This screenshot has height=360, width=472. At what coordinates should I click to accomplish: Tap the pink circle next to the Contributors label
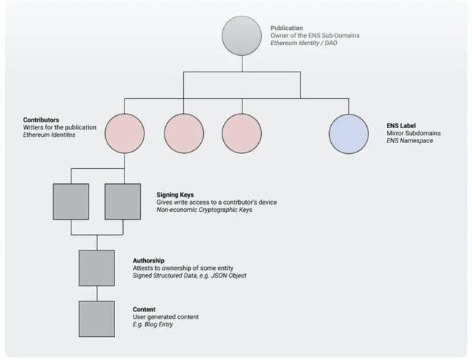point(126,134)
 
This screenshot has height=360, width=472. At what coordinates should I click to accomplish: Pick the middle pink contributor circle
point(184,134)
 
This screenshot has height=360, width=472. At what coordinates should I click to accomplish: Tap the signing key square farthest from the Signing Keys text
point(71,201)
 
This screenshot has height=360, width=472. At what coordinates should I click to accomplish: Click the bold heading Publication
point(287,28)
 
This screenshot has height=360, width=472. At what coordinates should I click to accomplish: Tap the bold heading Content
point(144,309)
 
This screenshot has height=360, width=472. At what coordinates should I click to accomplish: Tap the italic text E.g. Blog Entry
point(153,325)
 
